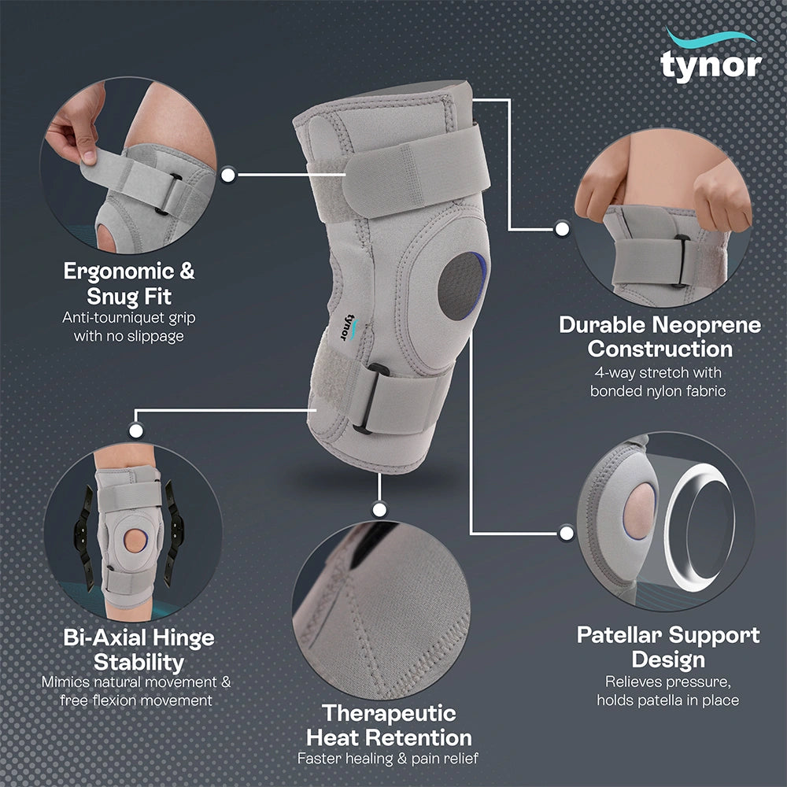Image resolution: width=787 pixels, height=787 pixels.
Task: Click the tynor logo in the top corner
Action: click(x=711, y=56)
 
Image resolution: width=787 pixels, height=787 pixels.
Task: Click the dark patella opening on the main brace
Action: click(x=462, y=286)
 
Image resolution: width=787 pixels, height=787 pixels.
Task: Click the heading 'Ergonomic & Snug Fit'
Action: click(x=129, y=283)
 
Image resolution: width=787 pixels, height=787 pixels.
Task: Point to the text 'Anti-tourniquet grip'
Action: click(x=129, y=318)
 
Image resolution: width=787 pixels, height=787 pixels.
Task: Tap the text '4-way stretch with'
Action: click(x=657, y=372)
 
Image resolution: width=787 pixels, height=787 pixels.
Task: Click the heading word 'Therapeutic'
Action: click(x=389, y=713)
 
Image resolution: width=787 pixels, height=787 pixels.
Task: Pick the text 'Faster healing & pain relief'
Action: click(x=388, y=758)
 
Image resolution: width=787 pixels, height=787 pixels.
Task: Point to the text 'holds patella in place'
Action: click(x=667, y=700)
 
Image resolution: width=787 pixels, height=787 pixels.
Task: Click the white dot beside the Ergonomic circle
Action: click(x=228, y=175)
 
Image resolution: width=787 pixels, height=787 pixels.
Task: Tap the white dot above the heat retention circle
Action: click(x=380, y=510)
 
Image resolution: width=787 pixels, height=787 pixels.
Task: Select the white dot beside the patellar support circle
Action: click(x=567, y=533)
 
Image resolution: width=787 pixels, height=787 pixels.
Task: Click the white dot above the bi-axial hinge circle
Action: click(x=136, y=430)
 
